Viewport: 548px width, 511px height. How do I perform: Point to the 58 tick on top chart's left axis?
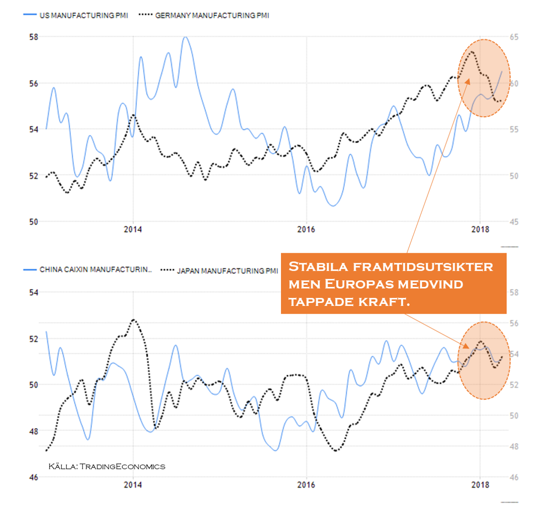coord(34,37)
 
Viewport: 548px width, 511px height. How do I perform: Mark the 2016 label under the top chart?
coord(306,231)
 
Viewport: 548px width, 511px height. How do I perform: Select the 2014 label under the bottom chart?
coord(133,486)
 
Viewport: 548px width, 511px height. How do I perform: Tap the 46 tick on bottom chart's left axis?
coord(34,477)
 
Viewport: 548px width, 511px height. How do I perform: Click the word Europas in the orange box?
coord(354,284)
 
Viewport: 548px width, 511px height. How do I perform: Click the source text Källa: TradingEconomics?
coord(107,466)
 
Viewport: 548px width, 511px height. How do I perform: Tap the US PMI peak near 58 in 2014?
coord(186,37)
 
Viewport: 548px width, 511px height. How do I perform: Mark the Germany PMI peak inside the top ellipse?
coord(472,52)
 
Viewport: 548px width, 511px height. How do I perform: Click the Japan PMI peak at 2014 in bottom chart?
coord(133,320)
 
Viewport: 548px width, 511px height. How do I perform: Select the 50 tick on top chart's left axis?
coord(34,222)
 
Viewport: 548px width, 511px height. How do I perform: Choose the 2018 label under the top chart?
coord(480,231)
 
